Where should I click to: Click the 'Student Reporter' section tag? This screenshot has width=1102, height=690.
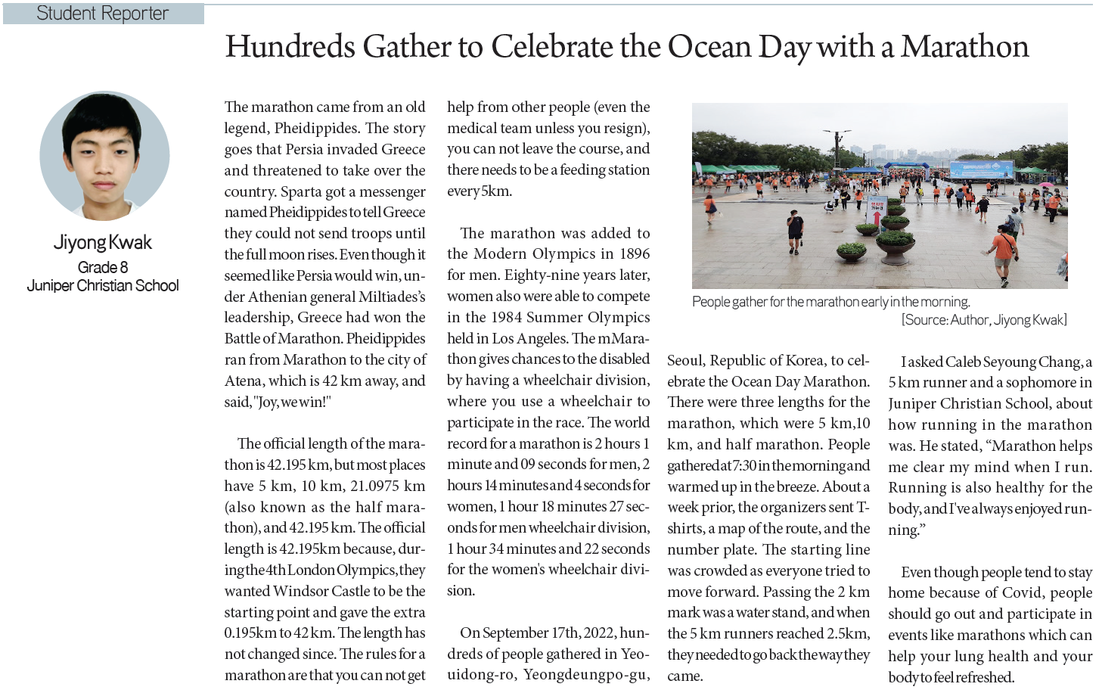102,14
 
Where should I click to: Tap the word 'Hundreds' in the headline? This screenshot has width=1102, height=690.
290,47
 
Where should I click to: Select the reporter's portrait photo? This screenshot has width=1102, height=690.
104,157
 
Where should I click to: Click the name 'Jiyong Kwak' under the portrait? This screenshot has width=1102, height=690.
102,242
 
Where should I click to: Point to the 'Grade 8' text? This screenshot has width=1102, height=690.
102,267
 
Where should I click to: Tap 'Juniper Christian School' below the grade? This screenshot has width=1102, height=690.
103,285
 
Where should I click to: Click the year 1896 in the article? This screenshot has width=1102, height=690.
634,253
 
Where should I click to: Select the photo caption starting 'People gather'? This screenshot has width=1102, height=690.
830,302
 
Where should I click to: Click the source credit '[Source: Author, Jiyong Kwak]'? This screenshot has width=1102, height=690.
983,320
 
